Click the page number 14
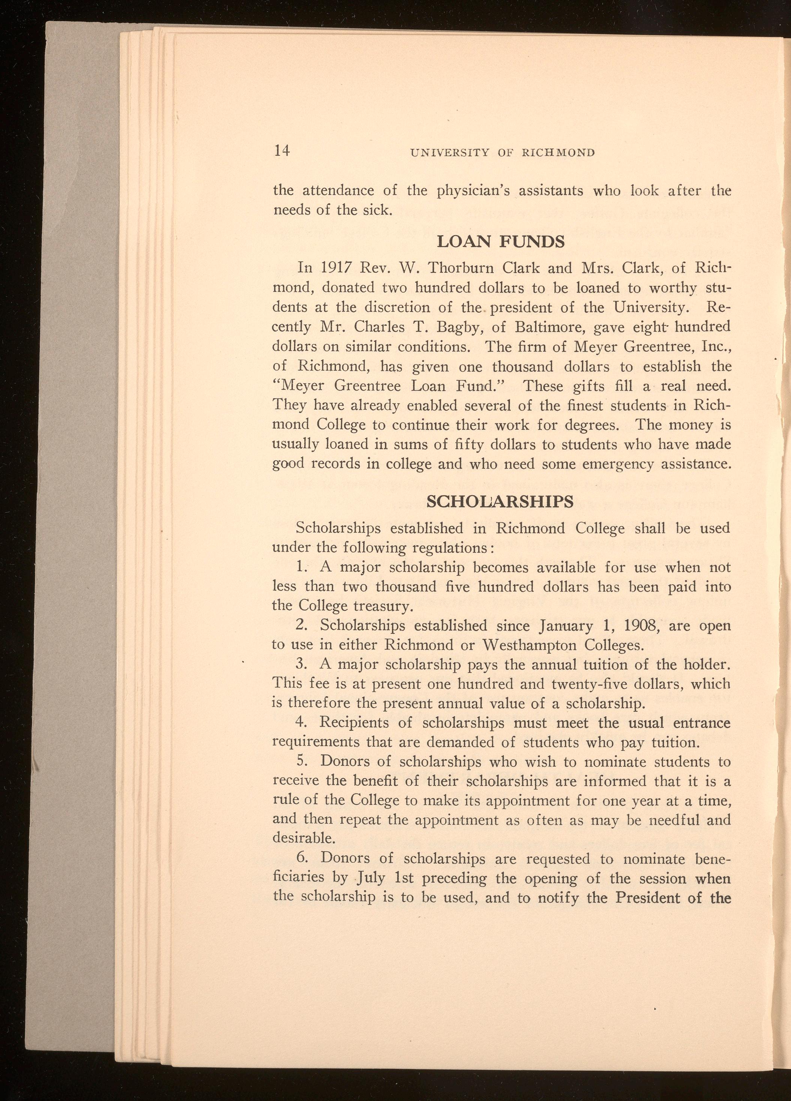pyautogui.click(x=282, y=151)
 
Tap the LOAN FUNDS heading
pyautogui.click(x=501, y=241)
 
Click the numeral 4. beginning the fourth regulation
pyautogui.click(x=302, y=723)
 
